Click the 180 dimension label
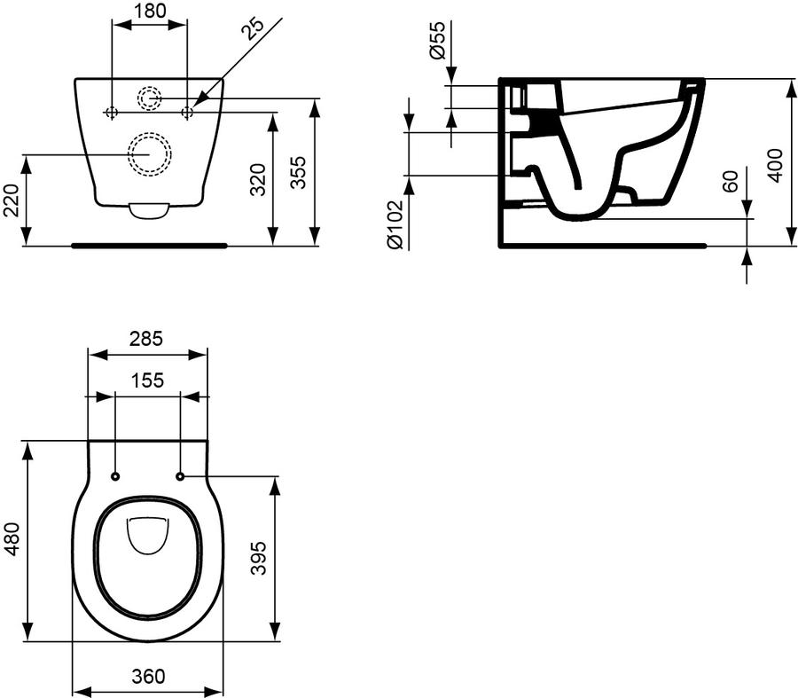(151, 11)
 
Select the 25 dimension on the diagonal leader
(254, 29)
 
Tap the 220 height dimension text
(11, 200)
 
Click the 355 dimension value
(299, 173)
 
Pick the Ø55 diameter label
(437, 40)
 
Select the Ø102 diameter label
(395, 225)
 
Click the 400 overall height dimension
(776, 166)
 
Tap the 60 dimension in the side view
(731, 181)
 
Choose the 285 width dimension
(146, 339)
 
